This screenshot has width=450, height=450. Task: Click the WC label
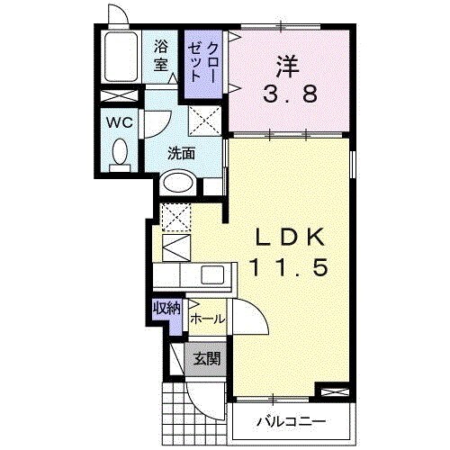point(120,122)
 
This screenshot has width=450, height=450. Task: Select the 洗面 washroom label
point(181,153)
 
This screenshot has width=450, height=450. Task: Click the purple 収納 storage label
point(166,309)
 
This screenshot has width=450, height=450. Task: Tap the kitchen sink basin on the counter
point(213,274)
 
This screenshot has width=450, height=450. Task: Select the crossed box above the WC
point(120,97)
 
